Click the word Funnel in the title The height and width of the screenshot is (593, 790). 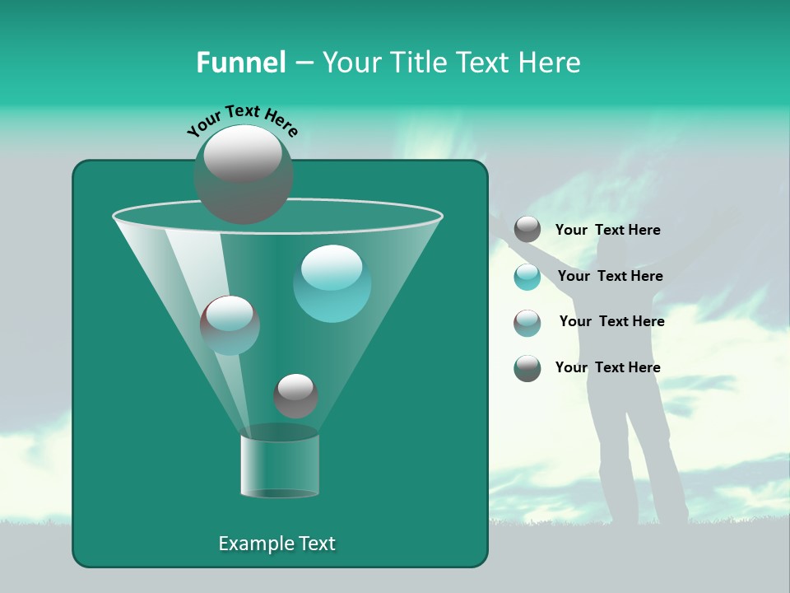click(240, 62)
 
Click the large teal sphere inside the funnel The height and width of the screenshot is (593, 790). click(332, 282)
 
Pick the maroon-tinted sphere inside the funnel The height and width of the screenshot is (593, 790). click(230, 325)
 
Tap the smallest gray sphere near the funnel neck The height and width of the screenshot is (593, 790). click(295, 395)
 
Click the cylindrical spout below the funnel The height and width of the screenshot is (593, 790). click(279, 465)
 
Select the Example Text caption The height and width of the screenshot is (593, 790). click(276, 544)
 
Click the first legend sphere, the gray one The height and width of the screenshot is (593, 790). click(527, 230)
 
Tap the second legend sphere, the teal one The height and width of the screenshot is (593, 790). click(527, 277)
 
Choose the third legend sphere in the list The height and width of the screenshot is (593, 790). click(527, 322)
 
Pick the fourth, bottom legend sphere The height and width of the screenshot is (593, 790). click(527, 368)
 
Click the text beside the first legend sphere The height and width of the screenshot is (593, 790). click(607, 231)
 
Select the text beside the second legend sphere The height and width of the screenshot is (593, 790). click(610, 277)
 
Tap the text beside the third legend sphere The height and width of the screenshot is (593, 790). click(611, 322)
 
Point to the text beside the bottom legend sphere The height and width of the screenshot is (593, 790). click(607, 368)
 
